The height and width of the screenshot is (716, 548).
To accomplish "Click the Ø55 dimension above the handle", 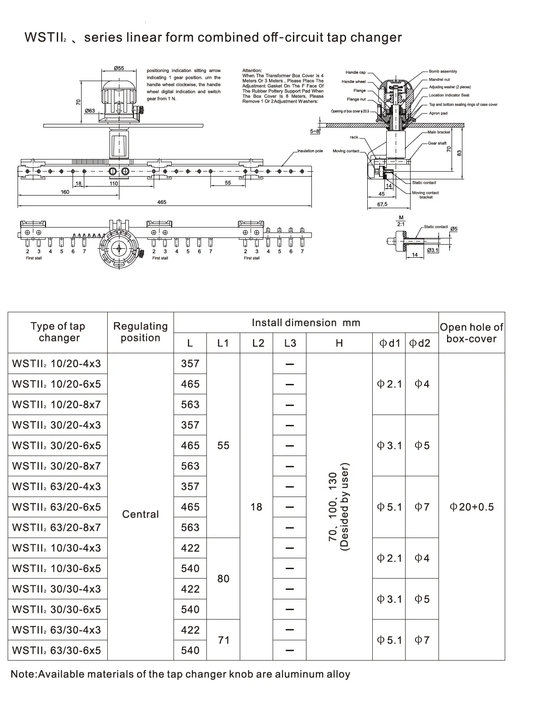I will [119, 68].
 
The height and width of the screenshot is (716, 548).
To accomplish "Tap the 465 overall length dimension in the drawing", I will [162, 202].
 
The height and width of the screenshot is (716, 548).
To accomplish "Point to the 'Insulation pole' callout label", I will [310, 151].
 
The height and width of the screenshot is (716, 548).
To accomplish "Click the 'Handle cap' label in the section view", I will [356, 72].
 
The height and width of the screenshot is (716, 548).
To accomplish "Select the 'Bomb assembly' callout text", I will [443, 71].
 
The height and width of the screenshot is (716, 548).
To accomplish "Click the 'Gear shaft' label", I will [437, 143].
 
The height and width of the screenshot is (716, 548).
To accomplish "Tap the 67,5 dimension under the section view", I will [382, 204].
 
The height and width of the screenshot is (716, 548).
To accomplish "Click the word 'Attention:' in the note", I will [252, 70].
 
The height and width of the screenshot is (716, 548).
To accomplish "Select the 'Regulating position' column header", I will [140, 332].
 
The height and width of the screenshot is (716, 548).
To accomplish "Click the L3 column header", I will [290, 343].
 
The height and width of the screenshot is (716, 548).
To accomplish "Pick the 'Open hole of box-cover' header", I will [471, 333].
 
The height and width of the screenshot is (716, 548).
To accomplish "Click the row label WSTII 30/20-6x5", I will [57, 446].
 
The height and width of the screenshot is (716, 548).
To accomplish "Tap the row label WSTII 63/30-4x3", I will [57, 630].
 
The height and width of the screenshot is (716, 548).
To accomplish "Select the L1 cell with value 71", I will [224, 640].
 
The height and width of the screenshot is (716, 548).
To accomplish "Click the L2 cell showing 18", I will [256, 507].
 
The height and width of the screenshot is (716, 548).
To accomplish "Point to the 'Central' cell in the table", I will [140, 514].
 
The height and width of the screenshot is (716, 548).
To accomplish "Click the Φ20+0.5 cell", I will [471, 507].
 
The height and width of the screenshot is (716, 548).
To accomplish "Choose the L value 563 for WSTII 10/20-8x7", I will [190, 405].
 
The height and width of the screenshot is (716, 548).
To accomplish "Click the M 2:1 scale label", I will [401, 221].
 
